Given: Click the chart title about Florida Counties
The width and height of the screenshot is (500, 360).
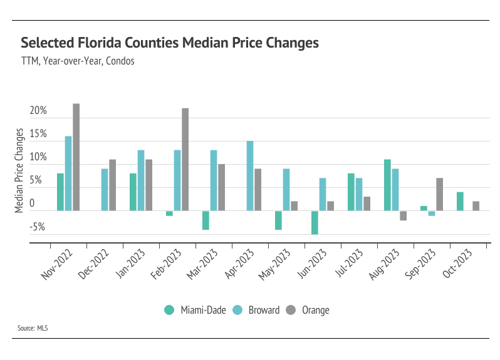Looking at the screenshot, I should [170, 43].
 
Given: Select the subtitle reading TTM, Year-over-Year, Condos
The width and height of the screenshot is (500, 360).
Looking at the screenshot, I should [78, 61].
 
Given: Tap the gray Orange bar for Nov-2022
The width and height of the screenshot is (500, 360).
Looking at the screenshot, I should [76, 157].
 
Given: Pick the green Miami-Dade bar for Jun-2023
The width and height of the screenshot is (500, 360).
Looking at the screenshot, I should [315, 222].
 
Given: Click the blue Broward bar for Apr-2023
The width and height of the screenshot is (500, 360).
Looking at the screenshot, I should [250, 176].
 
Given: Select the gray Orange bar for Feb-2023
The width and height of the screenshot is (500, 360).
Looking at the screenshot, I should [185, 159].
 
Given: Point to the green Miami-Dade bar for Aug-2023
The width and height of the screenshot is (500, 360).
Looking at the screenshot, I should [387, 185].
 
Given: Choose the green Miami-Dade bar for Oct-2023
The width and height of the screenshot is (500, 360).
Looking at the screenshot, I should [460, 202].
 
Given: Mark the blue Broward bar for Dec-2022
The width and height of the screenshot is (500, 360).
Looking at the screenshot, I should [105, 190].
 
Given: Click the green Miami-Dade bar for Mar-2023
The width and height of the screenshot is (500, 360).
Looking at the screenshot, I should [206, 220].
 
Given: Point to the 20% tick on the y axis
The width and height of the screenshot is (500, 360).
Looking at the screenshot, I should [38, 111].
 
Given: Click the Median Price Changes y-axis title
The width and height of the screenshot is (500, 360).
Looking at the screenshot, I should [19, 170].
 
